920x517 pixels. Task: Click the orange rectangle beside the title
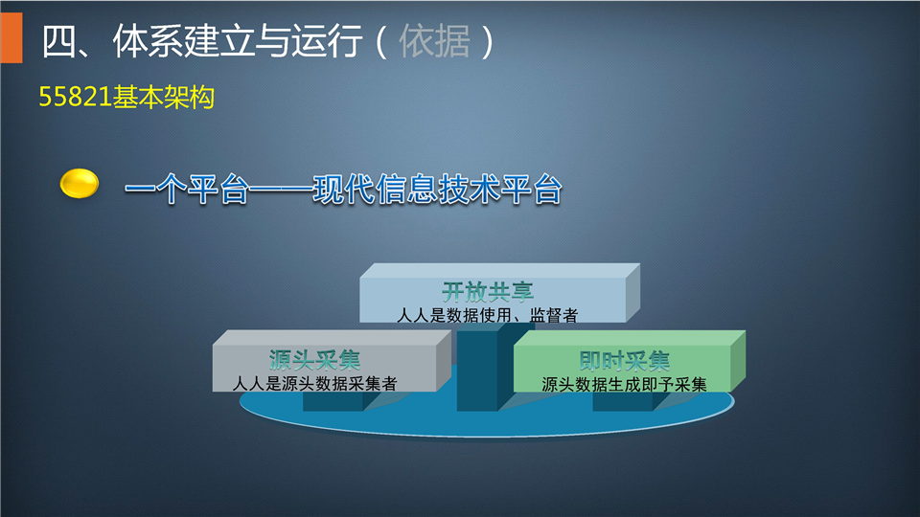pyautogui.click(x=11, y=37)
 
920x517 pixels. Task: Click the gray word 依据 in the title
pyautogui.click(x=435, y=41)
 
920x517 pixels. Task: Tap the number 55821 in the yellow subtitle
pyautogui.click(x=75, y=97)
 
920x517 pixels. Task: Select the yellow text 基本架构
pyautogui.click(x=163, y=97)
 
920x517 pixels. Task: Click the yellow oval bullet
pyautogui.click(x=80, y=184)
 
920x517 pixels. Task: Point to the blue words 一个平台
pyautogui.click(x=187, y=190)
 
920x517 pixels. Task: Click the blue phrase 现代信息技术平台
pyautogui.click(x=437, y=190)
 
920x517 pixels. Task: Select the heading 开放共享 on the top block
pyautogui.click(x=488, y=291)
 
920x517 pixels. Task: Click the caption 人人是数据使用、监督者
pyautogui.click(x=487, y=315)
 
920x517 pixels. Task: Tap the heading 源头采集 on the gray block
pyautogui.click(x=314, y=359)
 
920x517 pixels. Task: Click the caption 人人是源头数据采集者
pyautogui.click(x=314, y=384)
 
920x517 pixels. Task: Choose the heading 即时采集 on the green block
pyautogui.click(x=624, y=361)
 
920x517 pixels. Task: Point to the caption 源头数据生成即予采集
pyautogui.click(x=624, y=385)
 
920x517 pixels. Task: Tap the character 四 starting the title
pyautogui.click(x=58, y=41)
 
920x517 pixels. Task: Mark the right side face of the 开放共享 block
pyautogui.click(x=632, y=293)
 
